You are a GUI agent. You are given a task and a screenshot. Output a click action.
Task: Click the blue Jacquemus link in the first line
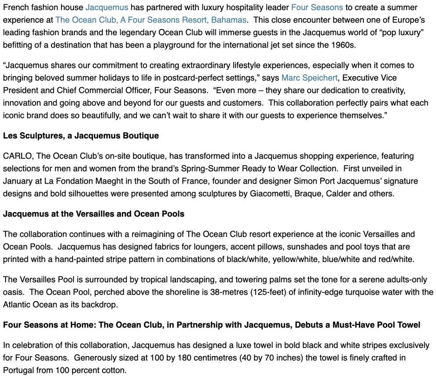point(106,7)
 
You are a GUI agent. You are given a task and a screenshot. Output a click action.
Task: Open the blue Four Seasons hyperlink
point(317,7)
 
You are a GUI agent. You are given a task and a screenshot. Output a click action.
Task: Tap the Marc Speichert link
point(309,78)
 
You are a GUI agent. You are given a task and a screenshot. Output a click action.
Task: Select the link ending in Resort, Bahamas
point(150,20)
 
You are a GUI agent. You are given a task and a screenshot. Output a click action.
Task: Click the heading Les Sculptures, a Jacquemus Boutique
point(81,136)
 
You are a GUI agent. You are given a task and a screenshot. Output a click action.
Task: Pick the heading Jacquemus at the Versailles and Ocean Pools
point(93,214)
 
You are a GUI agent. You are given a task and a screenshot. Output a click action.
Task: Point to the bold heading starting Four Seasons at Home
point(211,325)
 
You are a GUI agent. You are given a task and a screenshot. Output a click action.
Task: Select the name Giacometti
point(270,194)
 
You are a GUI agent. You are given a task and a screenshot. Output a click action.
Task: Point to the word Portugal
point(18,370)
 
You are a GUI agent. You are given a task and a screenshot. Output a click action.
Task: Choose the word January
point(17,181)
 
